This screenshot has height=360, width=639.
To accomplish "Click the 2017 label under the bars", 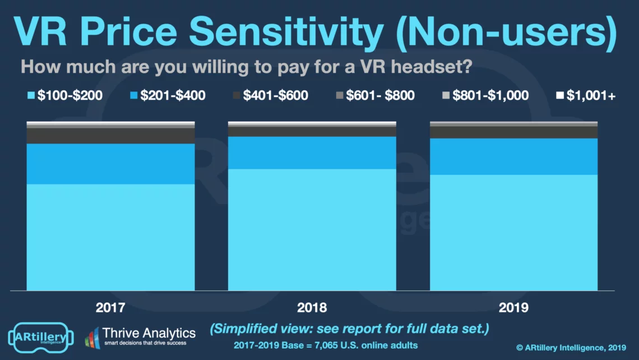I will [110, 307].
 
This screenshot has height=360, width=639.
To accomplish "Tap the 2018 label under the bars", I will [312, 307].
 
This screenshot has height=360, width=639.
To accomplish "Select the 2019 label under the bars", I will [513, 307].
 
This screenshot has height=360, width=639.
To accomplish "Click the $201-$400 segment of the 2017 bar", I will [110, 164].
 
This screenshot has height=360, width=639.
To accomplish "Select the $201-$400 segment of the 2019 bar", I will [513, 156].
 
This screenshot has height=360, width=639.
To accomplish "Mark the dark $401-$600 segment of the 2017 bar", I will [110, 136].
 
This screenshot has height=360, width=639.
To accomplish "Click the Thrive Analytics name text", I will [149, 333].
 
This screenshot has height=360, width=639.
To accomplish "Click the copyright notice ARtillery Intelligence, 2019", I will [571, 348].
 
